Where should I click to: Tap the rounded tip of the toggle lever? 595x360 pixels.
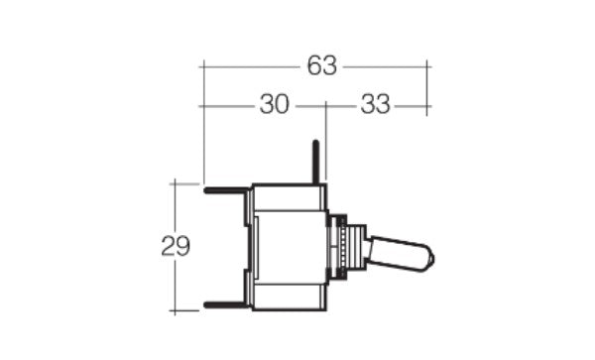pyautogui.click(x=429, y=259)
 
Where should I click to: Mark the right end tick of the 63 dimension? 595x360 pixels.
pyautogui.click(x=427, y=66)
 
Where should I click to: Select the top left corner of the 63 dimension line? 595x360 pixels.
pyautogui.click(x=202, y=66)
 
